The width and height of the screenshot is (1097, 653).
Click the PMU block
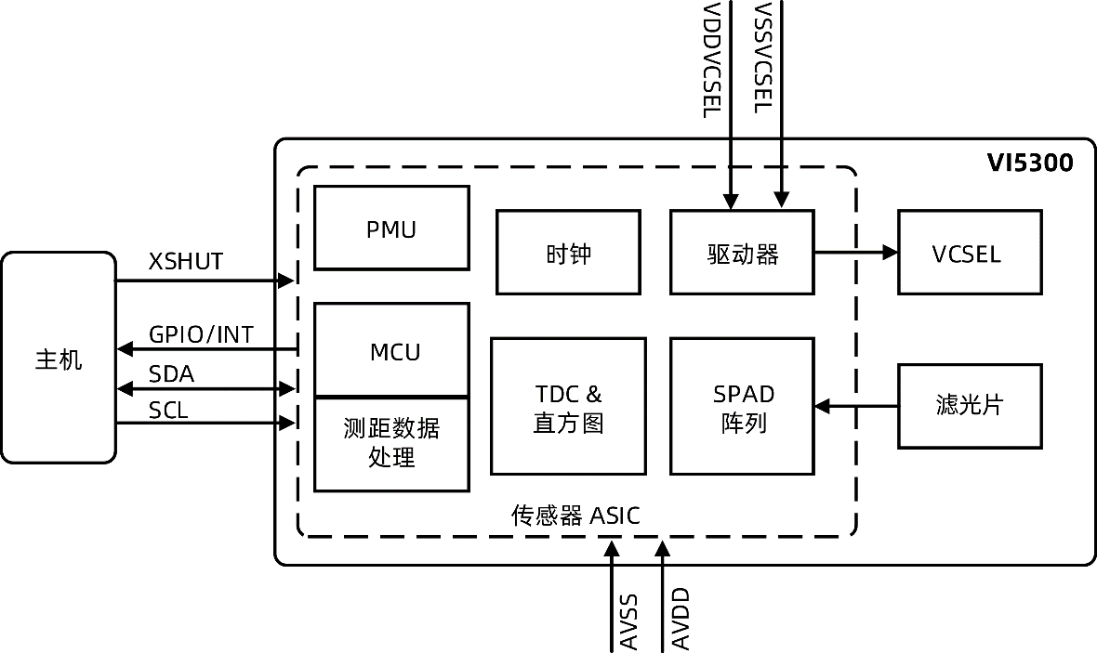coord(391,228)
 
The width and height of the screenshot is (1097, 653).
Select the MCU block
coord(391,350)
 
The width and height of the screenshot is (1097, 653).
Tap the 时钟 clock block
coord(568,253)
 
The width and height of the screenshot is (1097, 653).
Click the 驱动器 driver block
coord(742,253)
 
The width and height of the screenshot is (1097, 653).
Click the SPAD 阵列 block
coord(742,407)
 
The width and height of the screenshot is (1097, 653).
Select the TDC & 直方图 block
coord(568,407)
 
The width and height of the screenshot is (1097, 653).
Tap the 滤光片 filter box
coord(969,406)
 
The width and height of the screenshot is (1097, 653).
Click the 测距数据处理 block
coord(391,444)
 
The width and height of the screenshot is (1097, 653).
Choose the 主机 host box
coord(59,358)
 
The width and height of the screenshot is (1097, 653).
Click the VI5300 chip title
coord(1029,164)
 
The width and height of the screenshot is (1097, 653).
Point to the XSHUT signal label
coord(186,262)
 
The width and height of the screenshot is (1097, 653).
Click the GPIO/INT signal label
coord(201,334)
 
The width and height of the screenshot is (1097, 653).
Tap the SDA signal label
coord(172,373)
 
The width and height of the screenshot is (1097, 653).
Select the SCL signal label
coord(169,410)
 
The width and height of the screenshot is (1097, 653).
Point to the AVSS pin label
coord(628,619)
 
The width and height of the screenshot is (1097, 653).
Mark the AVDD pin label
coord(680,619)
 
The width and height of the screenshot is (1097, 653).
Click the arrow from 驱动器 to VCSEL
coord(855,253)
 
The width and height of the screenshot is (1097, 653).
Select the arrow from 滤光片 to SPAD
coord(855,406)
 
